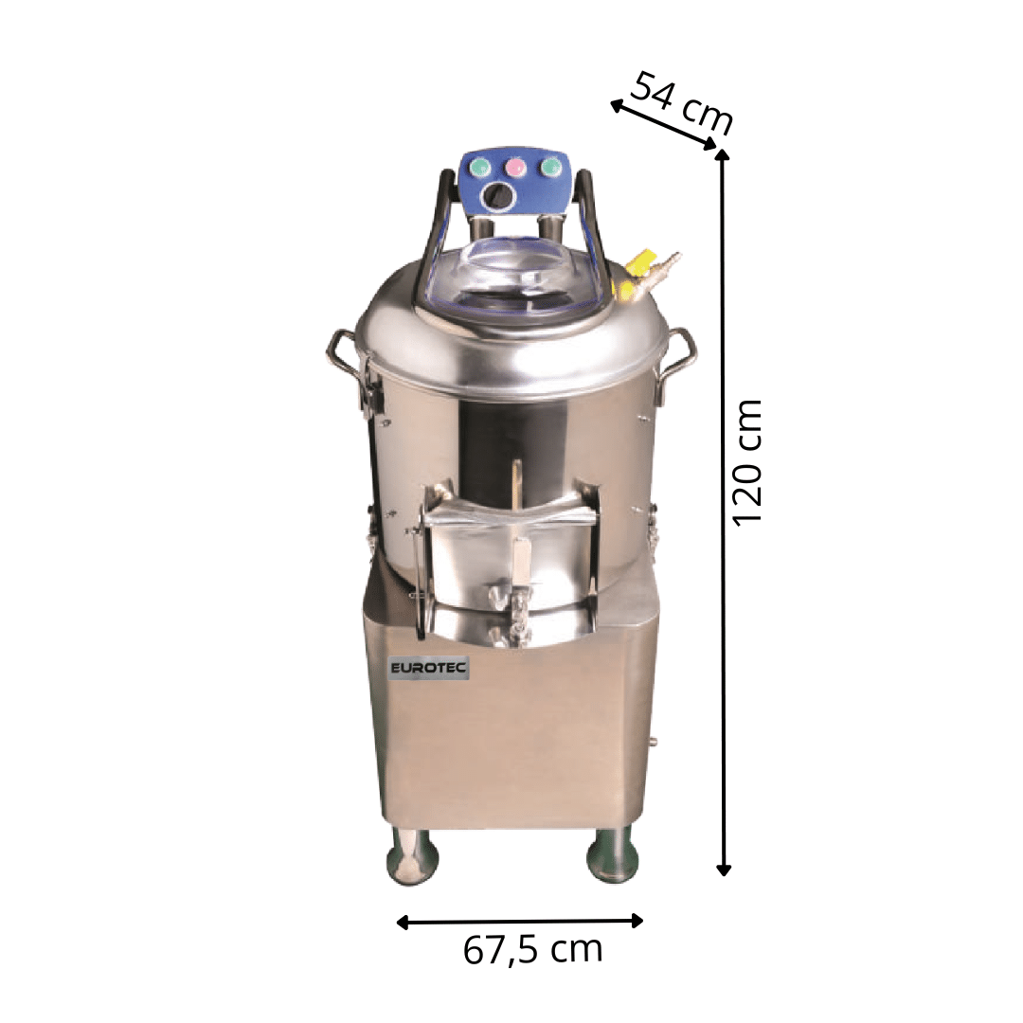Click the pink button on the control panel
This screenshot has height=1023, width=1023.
pos(516,168)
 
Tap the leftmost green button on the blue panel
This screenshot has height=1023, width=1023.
pos(481,168)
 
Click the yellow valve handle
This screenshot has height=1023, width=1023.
pos(639,262)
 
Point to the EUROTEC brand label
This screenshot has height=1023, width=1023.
pos(429,668)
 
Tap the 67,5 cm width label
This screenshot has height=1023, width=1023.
pos(533,950)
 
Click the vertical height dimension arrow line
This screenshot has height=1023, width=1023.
pos(723,512)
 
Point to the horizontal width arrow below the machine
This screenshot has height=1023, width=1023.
pos(520,922)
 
